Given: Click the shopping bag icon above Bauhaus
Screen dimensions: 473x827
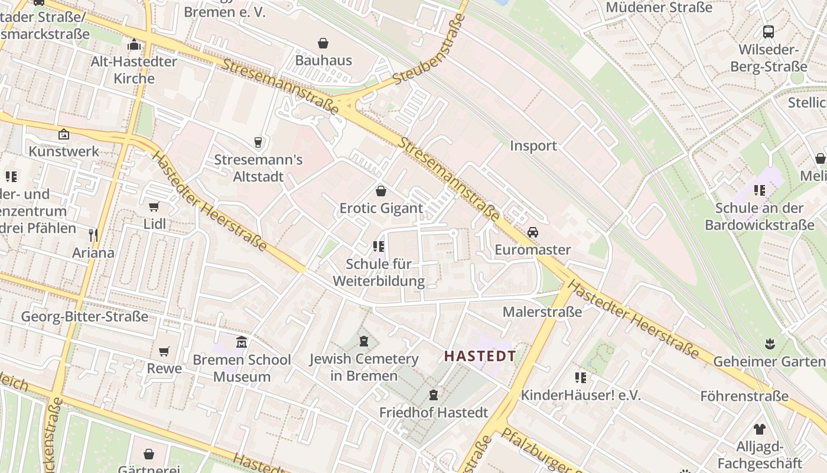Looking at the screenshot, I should tap(323, 43).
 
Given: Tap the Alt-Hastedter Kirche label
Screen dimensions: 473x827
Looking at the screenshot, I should tap(134, 70).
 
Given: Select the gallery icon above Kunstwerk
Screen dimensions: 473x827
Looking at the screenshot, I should tap(64, 134).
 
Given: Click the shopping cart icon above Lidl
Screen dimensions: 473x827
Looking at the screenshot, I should tap(154, 207).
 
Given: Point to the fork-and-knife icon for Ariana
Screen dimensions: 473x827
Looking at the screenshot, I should tap(93, 235).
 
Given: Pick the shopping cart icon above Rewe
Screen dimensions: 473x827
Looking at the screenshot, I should tap(164, 352).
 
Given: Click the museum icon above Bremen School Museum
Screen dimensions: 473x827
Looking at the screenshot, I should tap(242, 342).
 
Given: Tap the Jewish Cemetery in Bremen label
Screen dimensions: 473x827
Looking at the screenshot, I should tap(364, 367).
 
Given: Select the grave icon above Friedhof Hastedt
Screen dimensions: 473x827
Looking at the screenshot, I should tap(434, 395).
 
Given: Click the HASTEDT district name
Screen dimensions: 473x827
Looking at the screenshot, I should tap(480, 356).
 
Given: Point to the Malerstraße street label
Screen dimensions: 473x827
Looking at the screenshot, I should tap(542, 312).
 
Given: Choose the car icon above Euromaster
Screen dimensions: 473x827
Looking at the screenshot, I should tap(533, 232).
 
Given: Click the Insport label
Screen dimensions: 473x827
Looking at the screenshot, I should tap(533, 146).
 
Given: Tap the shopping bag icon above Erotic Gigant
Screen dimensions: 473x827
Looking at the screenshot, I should tap(381, 191).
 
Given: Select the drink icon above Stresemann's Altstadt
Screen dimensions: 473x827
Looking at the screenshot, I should tap(258, 142).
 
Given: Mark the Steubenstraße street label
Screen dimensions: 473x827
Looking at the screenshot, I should tap(429, 49).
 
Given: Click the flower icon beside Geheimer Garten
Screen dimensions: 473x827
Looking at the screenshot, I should tap(769, 343).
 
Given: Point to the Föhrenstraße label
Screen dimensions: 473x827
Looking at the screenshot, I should tap(744, 396).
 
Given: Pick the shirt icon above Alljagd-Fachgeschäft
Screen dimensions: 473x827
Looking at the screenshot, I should tap(759, 429).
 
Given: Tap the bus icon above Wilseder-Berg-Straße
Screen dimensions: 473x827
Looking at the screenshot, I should tap(769, 32).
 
